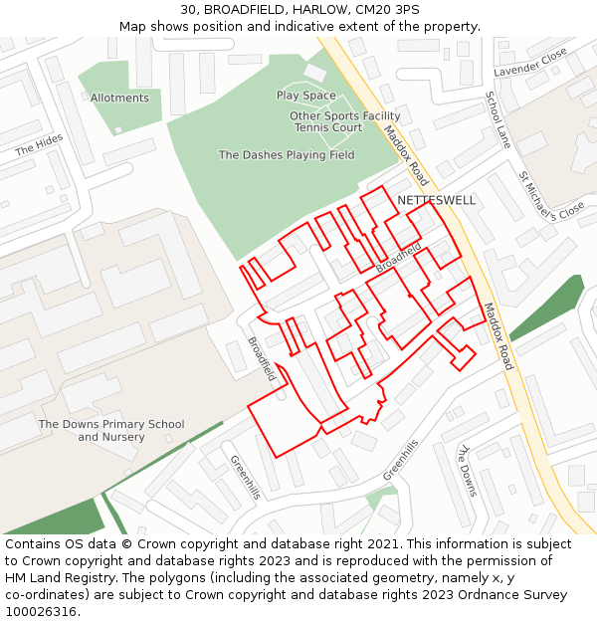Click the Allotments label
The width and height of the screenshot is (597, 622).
[x=119, y=99]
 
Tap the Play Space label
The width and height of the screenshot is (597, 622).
[x=305, y=96]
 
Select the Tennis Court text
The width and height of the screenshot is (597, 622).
[x=327, y=128]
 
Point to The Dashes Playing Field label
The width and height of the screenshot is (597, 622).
[x=287, y=155]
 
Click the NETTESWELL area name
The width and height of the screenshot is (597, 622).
[x=436, y=200]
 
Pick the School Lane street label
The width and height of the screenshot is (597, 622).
[x=497, y=120]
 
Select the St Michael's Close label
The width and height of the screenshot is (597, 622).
[x=550, y=196]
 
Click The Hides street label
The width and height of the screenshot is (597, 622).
[x=39, y=145]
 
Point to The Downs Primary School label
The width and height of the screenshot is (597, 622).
[x=111, y=425]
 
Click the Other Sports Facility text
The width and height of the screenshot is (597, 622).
[x=344, y=116]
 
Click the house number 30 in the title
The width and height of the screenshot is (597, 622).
[x=188, y=10]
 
